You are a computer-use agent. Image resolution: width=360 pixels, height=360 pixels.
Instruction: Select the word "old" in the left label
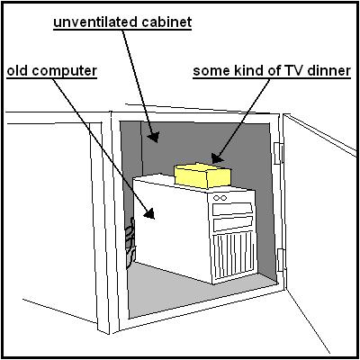point(17,71)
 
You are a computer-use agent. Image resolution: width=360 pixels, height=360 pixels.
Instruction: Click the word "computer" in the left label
point(65,72)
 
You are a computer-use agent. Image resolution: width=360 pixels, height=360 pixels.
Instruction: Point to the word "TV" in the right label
point(292,71)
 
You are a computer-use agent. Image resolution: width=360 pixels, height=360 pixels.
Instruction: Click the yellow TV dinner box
point(202,175)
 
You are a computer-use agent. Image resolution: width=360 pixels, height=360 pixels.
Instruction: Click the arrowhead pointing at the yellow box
point(217,158)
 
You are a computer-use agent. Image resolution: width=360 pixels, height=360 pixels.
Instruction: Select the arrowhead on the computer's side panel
point(149,213)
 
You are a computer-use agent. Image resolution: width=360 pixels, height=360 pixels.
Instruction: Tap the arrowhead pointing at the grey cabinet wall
point(153,137)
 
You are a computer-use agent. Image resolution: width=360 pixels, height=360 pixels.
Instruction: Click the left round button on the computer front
point(217,198)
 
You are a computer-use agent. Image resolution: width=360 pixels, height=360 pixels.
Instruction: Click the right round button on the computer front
point(223,198)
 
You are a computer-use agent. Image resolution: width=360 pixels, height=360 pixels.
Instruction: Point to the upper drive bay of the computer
point(232,209)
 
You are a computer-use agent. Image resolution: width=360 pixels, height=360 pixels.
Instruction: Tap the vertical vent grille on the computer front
point(234,256)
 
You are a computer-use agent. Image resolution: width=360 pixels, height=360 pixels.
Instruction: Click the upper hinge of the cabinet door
point(279,153)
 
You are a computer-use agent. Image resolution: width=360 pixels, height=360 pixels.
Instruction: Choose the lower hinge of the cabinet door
point(281,260)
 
